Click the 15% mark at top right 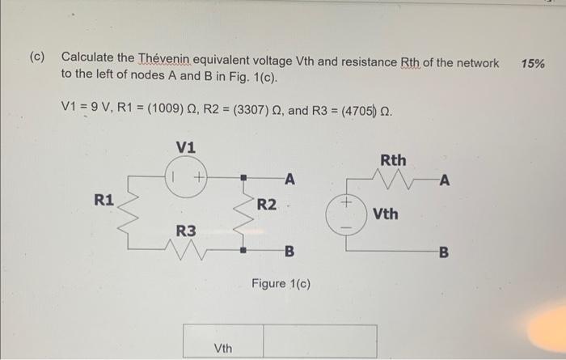tap(533, 63)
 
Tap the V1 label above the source tap(185, 147)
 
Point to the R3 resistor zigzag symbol tap(188, 252)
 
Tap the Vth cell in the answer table tap(223, 348)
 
